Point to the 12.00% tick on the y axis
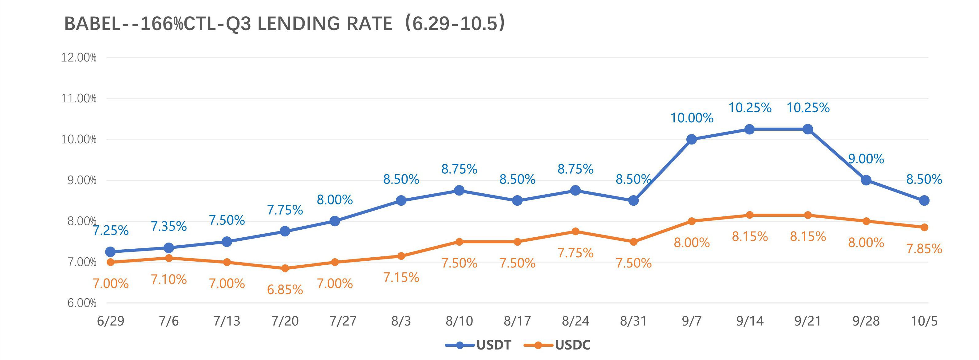pos(79,58)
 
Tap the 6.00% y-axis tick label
pos(82,303)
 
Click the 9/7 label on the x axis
pos(691,321)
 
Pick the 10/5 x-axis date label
pos(924,321)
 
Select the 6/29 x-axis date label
pos(111,321)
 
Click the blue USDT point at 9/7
pos(692,140)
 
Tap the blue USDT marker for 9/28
pos(866,180)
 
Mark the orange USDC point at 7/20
pos(285,268)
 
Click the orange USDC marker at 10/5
pos(924,227)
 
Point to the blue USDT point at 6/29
pos(111,252)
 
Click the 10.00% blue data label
pos(692,118)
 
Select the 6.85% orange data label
pos(285,290)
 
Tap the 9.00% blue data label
pos(866,159)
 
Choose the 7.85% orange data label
pos(924,249)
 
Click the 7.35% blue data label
pos(169,227)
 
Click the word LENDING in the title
pos(325,24)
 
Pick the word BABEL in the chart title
pos(92,24)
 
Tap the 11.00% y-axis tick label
pos(79,98)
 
